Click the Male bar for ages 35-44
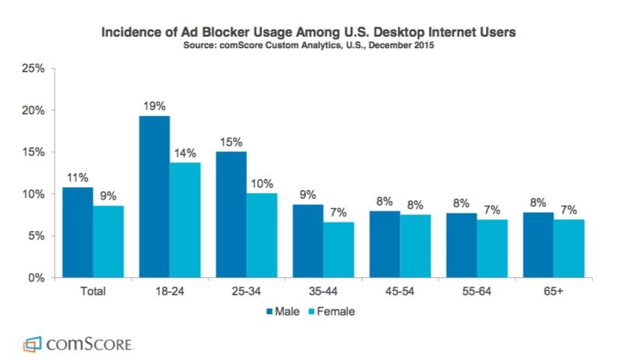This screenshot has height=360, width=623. coord(308,241)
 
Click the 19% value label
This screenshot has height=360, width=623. coord(154,104)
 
